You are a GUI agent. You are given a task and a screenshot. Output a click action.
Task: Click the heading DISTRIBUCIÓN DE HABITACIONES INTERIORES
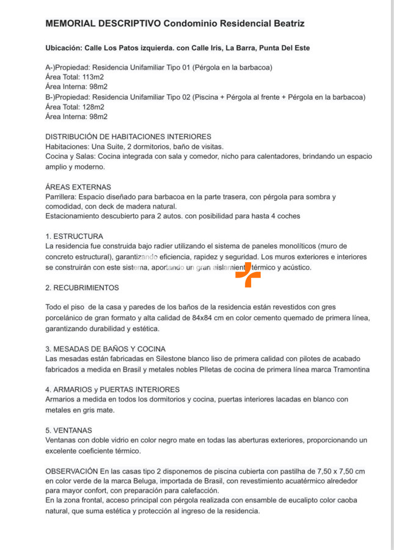[x=128, y=137]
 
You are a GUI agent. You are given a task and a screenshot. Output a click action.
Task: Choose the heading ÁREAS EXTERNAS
[x=78, y=187]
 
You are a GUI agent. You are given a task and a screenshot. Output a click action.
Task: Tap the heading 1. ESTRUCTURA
[x=75, y=236]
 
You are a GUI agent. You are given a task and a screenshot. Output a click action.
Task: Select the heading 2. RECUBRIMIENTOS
[x=82, y=287]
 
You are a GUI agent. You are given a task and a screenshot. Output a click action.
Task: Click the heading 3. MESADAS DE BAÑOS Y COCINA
[x=106, y=349]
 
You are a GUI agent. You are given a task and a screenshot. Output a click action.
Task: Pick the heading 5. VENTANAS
[x=69, y=430]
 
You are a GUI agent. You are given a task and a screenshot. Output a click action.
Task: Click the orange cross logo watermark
[x=248, y=275]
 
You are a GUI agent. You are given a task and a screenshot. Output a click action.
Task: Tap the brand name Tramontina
[x=348, y=369]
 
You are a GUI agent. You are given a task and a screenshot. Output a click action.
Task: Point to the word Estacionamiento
[x=73, y=216]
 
